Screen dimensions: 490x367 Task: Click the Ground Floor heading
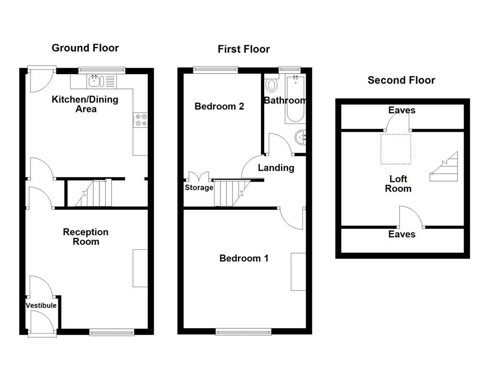tap(85, 48)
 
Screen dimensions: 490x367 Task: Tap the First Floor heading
tap(244, 49)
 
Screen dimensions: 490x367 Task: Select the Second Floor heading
tap(401, 80)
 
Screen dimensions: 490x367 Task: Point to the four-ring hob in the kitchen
tap(140, 120)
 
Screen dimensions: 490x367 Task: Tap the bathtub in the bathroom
tap(295, 99)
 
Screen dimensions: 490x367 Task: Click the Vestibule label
tap(41, 305)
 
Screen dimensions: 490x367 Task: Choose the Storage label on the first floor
tap(199, 187)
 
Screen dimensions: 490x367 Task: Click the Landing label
tap(276, 168)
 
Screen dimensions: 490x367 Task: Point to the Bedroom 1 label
tap(244, 259)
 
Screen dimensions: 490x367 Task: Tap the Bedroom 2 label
tap(219, 107)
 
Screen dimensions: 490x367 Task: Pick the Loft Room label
tap(398, 183)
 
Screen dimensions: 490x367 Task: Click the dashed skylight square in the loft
tap(396, 149)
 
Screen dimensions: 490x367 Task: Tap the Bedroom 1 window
tap(244, 332)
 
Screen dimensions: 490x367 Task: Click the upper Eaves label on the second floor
tap(402, 110)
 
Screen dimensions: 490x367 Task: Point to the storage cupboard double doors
tap(199, 177)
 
